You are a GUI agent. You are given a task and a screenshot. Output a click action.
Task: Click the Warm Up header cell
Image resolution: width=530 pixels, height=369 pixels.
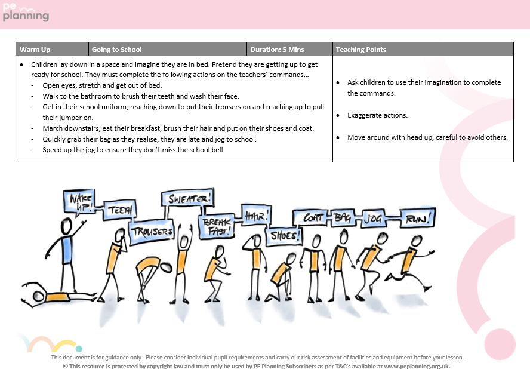click(53, 50)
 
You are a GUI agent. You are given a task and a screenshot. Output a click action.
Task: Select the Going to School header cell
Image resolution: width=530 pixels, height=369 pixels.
click(168, 50)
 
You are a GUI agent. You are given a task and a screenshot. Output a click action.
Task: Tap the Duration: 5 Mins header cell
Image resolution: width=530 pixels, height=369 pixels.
click(289, 50)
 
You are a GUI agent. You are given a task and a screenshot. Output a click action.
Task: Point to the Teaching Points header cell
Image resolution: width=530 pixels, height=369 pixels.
click(423, 50)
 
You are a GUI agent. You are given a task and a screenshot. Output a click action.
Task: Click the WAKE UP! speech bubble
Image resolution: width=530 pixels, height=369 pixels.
click(79, 202)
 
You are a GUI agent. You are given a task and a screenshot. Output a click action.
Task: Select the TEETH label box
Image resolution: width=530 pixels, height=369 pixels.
click(121, 210)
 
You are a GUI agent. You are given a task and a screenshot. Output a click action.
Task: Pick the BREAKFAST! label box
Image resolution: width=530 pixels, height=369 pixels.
click(216, 226)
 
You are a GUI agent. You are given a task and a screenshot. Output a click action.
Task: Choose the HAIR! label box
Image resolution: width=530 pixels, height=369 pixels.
click(255, 213)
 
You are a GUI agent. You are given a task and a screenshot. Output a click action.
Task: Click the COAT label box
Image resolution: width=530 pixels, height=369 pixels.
click(311, 219)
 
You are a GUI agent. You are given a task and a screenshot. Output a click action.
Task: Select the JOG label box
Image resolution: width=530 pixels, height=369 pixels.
click(375, 219)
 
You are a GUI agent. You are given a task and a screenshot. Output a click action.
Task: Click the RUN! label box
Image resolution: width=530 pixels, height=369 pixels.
click(415, 219)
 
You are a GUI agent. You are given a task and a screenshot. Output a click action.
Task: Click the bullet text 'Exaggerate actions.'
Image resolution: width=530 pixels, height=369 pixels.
click(378, 115)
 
